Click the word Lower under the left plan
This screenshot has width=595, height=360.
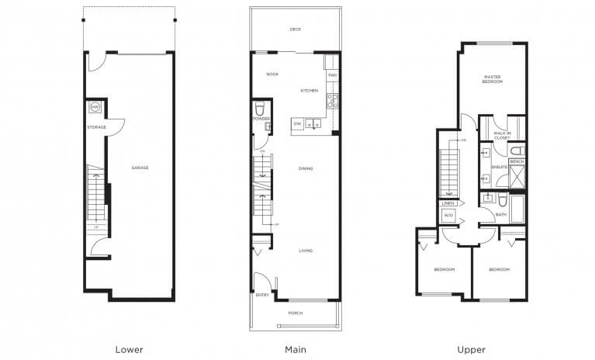click(129, 349)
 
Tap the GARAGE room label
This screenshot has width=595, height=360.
click(140, 168)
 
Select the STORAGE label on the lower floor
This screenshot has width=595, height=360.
click(96, 126)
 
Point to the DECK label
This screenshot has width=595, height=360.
click(295, 29)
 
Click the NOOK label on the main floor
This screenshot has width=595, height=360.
click(272, 74)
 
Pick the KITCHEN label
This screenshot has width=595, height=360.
click(310, 91)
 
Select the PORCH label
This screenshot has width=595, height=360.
click(296, 313)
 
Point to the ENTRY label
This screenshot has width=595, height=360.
click(261, 296)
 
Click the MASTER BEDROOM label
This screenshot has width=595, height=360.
click(493, 79)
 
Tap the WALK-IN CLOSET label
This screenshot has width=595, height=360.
click(502, 136)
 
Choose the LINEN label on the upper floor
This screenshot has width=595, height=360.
click(448, 203)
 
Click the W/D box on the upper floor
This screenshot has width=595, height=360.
click(448, 215)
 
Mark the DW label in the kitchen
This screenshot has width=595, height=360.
click(297, 123)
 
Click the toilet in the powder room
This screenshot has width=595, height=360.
click(261, 108)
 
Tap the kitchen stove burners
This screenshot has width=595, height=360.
click(332, 99)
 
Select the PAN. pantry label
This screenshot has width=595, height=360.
click(332, 75)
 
